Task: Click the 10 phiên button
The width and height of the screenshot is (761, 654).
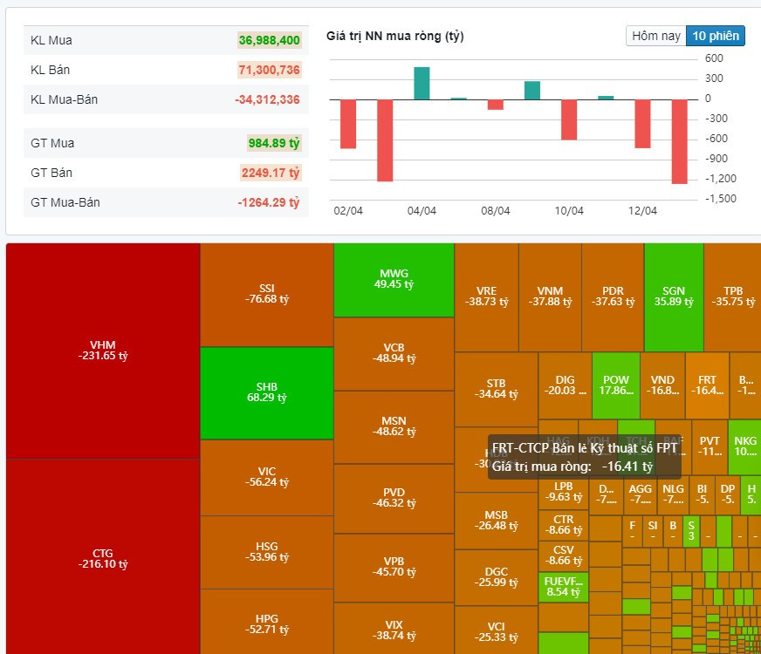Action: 715,36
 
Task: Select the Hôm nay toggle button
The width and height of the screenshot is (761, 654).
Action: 656,36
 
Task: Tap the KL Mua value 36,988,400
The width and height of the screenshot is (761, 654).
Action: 270,40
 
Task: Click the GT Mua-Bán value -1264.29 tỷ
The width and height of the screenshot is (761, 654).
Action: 269,202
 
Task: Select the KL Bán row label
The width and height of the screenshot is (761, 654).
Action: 50,70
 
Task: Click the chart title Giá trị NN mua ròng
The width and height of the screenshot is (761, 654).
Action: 394,37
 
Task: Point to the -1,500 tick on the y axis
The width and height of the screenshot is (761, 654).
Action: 720,199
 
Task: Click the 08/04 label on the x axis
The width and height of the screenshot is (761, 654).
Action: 495,211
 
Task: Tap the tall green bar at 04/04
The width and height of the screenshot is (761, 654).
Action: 422,83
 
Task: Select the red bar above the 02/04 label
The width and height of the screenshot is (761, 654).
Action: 348,124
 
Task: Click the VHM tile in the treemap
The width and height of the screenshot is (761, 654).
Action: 103,350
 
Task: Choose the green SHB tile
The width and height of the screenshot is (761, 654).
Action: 267,392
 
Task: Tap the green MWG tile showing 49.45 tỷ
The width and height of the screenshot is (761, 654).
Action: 394,279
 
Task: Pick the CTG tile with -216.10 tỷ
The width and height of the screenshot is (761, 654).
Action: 103,558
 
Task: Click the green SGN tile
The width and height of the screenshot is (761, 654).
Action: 674,296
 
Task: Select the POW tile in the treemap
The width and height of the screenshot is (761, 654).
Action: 616,385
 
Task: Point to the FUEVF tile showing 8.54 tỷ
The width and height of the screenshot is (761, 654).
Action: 563,587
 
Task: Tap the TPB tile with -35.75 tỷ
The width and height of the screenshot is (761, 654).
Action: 733,296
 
